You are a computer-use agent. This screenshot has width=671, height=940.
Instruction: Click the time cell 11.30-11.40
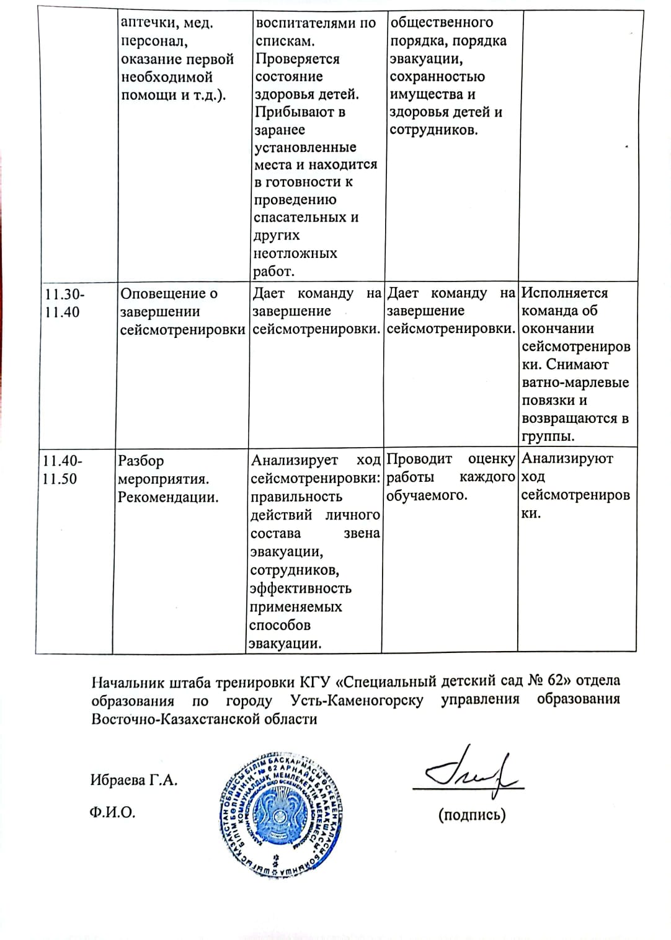pyautogui.click(x=62, y=303)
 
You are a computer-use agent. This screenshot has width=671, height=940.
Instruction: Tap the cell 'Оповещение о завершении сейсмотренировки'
pyautogui.click(x=182, y=311)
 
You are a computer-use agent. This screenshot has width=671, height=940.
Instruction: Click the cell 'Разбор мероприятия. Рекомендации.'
pyautogui.click(x=168, y=479)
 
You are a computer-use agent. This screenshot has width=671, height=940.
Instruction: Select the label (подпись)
pyautogui.click(x=471, y=815)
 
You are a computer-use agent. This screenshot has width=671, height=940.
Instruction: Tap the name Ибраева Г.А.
pyautogui.click(x=134, y=780)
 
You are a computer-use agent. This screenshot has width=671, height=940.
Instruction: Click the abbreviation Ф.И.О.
pyautogui.click(x=112, y=812)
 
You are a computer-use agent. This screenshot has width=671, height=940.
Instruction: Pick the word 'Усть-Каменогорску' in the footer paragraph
pyautogui.click(x=357, y=700)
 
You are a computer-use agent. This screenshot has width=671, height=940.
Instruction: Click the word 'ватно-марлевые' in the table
pyautogui.click(x=575, y=383)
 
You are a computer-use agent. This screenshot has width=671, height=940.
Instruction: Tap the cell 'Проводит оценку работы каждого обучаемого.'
pyautogui.click(x=450, y=477)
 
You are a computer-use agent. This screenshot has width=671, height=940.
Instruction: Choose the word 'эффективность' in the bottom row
pyautogui.click(x=300, y=588)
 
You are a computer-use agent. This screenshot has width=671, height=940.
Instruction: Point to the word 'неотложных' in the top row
pyautogui.click(x=295, y=253)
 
